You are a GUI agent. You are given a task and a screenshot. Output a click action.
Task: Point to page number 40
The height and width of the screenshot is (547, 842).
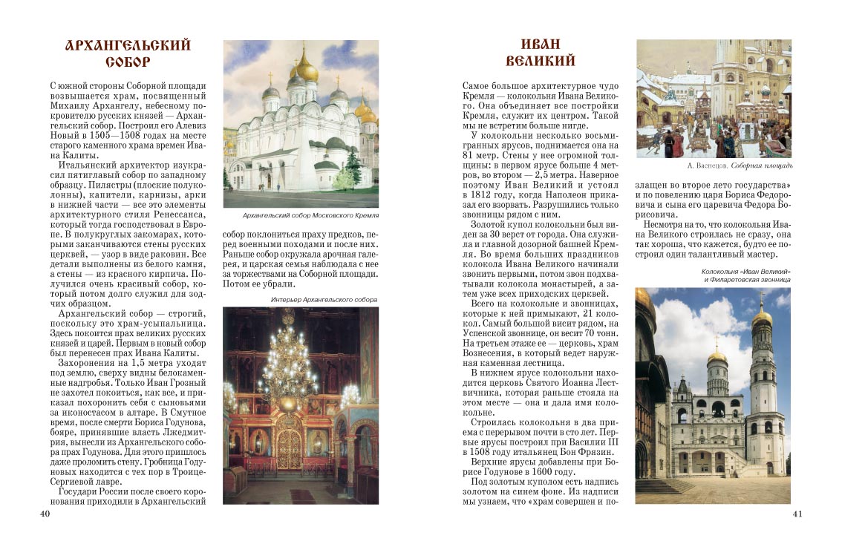click(45, 513)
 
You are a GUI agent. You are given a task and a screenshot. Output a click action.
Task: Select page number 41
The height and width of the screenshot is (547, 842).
click(797, 513)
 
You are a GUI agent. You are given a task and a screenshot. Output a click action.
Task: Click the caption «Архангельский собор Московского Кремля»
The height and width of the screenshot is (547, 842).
click(301, 215)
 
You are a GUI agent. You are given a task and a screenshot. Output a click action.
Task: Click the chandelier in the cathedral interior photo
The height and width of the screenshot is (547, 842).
click(287, 364)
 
